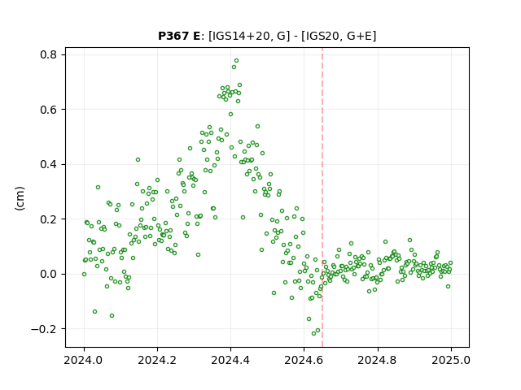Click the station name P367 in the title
tap(175, 36)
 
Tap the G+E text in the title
tap(360, 36)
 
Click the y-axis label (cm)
tap(20, 198)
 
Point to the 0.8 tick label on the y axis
tap(49, 54)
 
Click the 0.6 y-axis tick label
tap(49, 110)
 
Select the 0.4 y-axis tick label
tap(49, 164)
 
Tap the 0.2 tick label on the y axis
tap(49, 219)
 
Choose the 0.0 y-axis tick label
tap(49, 275)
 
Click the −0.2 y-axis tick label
tap(44, 329)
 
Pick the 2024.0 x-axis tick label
tap(84, 360)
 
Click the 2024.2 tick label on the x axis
tap(157, 360)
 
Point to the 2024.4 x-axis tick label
tap(230, 360)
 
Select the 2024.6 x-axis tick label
tap(304, 360)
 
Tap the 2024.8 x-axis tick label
tap(378, 360)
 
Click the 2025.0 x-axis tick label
tap(451, 360)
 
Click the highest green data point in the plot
tap(236, 61)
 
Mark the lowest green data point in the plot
tap(313, 333)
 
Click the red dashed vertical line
tap(322, 197)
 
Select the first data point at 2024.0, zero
tap(84, 275)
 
